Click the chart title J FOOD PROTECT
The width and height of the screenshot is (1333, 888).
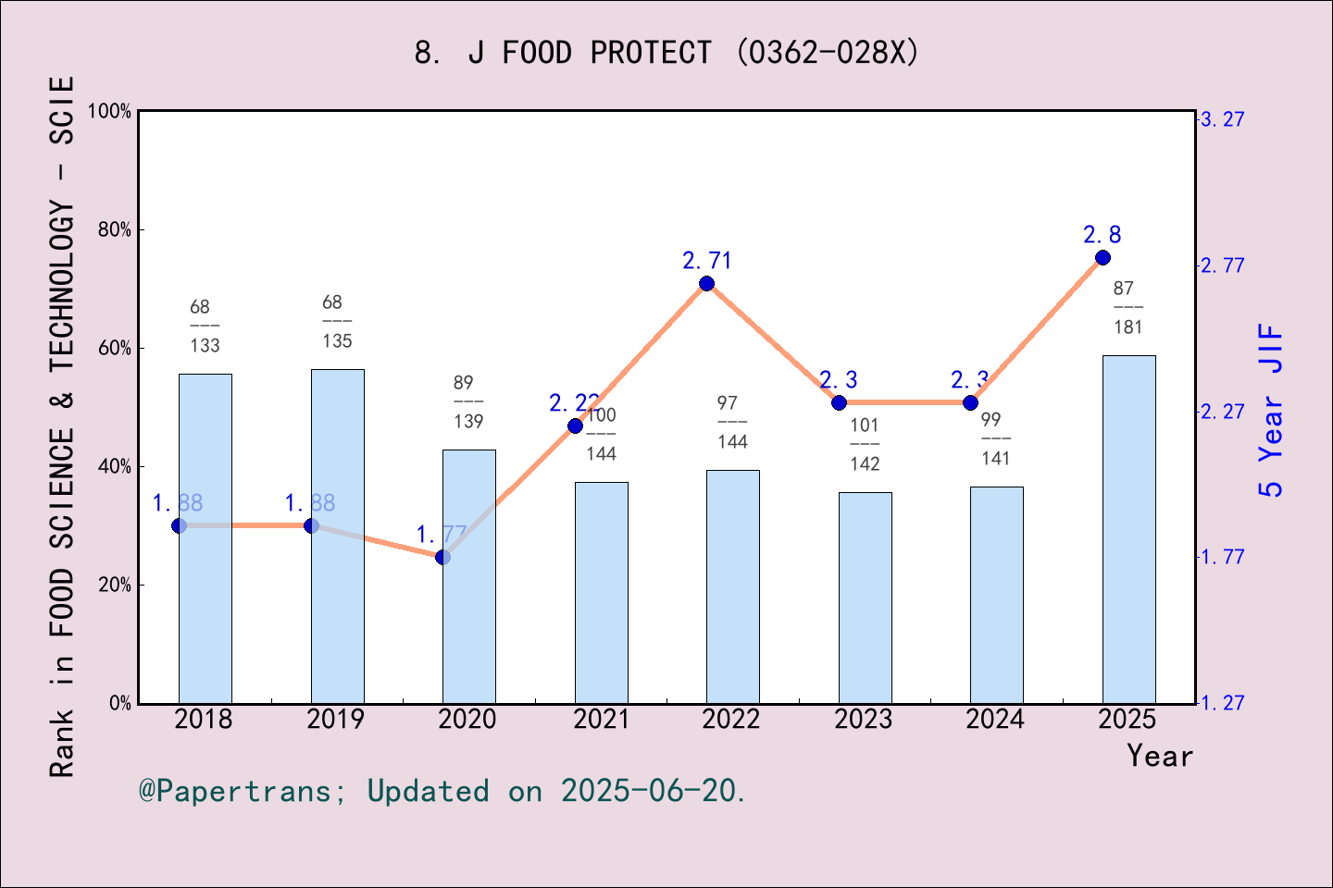click(x=666, y=53)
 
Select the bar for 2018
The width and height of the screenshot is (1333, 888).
click(x=205, y=538)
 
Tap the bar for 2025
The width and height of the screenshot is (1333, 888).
click(x=1128, y=529)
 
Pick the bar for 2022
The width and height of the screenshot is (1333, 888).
click(x=732, y=586)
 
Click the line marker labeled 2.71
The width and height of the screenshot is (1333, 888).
click(x=706, y=283)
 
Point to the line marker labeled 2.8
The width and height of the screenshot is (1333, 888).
click(x=1103, y=257)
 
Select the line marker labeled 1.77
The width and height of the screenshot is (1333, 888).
click(x=442, y=557)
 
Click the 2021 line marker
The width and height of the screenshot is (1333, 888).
click(x=575, y=425)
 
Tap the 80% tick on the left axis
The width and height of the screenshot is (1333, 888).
click(x=115, y=230)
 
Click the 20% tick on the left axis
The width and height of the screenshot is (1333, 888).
click(x=115, y=586)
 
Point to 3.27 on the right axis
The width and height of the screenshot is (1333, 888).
click(x=1222, y=119)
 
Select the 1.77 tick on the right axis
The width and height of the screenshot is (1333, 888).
click(x=1222, y=557)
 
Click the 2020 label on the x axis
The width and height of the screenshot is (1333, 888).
click(x=467, y=720)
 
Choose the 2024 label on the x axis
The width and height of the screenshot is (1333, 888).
click(x=995, y=720)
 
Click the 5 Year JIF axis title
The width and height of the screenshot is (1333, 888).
click(x=1272, y=410)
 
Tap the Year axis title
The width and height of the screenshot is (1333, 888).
click(x=1159, y=757)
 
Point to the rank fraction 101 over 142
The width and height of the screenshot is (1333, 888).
click(x=865, y=445)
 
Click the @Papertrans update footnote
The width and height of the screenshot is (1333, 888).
click(x=442, y=792)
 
